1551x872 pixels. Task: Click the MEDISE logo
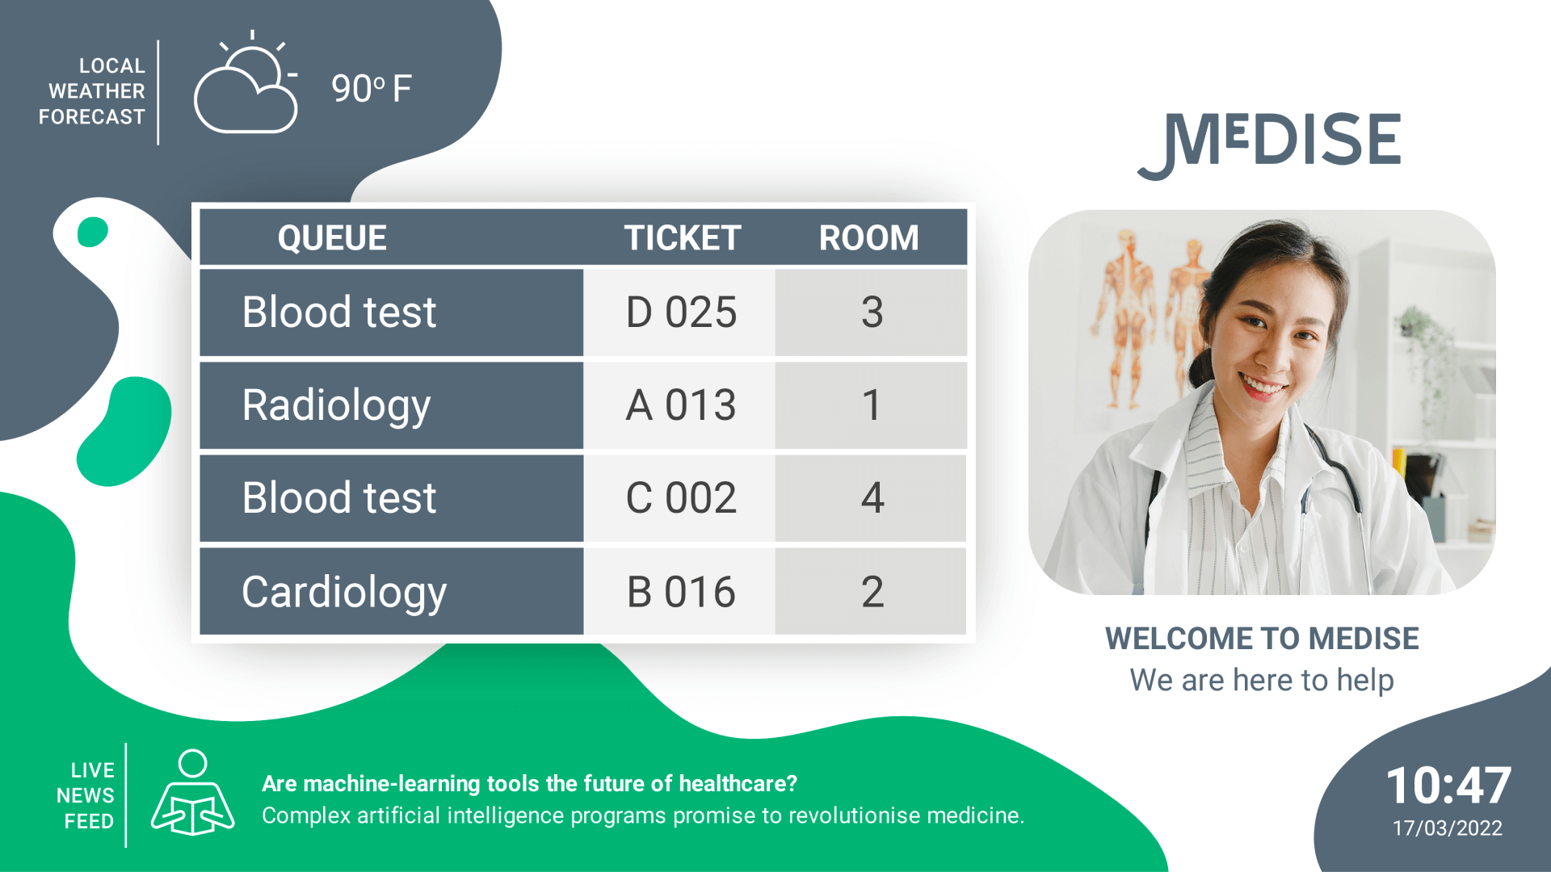[1270, 143]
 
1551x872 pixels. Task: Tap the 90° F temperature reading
[372, 88]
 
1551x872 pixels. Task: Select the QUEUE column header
[332, 238]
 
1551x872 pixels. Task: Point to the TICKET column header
[682, 238]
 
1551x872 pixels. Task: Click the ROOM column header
[869, 238]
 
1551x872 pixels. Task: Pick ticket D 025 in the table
[681, 312]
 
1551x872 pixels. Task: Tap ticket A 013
[681, 405]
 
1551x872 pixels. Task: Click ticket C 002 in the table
[681, 498]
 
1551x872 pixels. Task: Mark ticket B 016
[681, 592]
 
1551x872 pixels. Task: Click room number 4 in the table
[872, 498]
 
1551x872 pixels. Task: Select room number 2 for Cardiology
[872, 592]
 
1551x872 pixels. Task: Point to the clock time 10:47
[1448, 785]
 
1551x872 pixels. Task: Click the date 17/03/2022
[1448, 828]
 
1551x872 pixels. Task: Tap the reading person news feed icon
[193, 793]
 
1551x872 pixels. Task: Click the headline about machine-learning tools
[529, 783]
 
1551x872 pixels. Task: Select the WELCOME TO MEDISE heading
[1262, 639]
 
